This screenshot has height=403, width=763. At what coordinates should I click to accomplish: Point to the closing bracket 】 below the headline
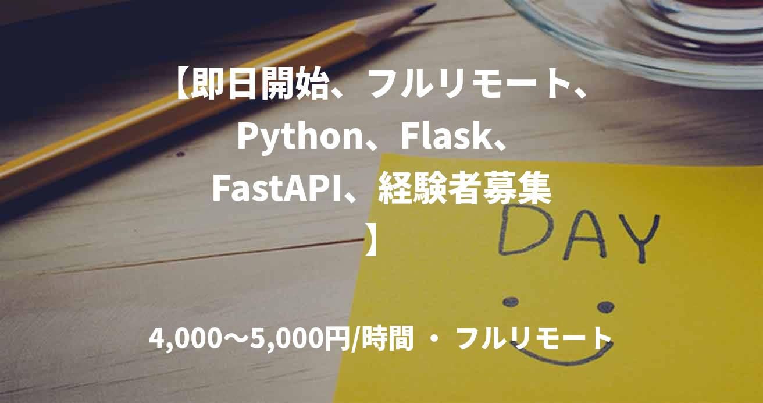click(373, 239)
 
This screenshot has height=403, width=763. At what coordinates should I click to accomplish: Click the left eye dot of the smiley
click(511, 302)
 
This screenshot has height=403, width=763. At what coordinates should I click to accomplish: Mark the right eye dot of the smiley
click(605, 306)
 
